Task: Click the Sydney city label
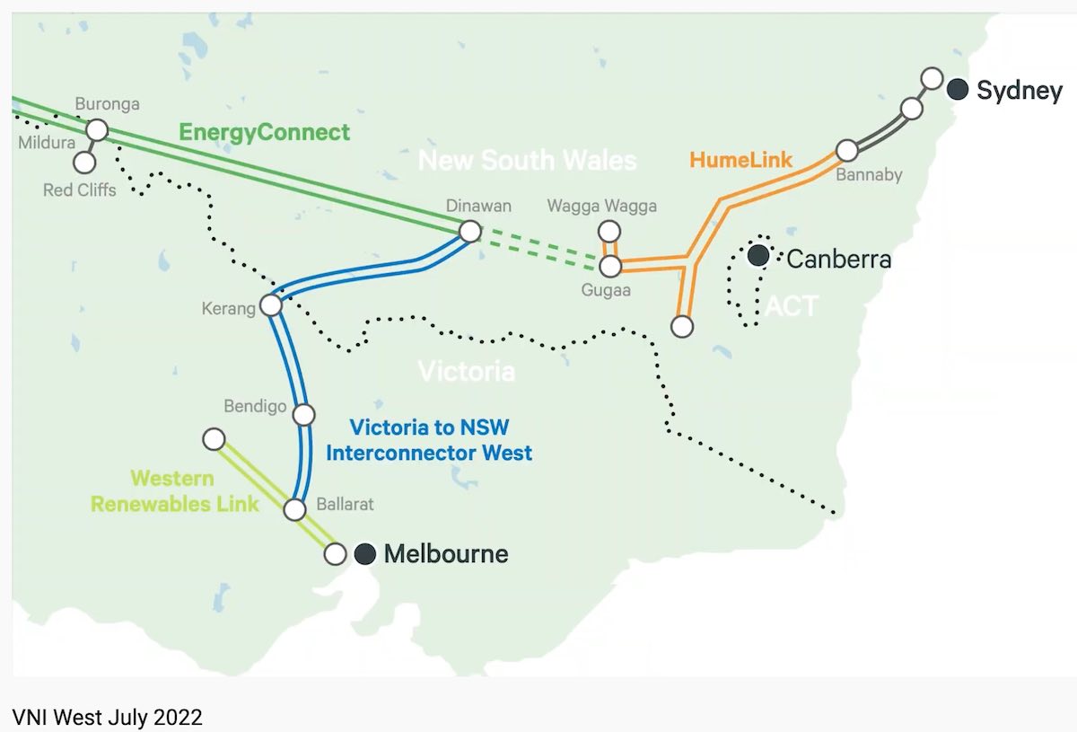(1020, 91)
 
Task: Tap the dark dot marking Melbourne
(364, 554)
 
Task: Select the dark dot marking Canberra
(758, 256)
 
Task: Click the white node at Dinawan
(469, 232)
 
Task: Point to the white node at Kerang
(270, 305)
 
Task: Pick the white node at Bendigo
(304, 415)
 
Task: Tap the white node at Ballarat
(294, 510)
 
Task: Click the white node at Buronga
(97, 130)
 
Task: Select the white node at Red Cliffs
(84, 163)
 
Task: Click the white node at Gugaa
(610, 266)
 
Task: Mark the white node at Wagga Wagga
(609, 232)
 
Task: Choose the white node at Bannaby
(846, 150)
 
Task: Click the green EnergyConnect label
(264, 133)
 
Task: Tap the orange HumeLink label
(740, 161)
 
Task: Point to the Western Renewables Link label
(174, 491)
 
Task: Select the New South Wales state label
(528, 161)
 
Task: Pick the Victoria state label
(467, 371)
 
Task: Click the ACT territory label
(792, 306)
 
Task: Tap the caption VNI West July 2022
(108, 717)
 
